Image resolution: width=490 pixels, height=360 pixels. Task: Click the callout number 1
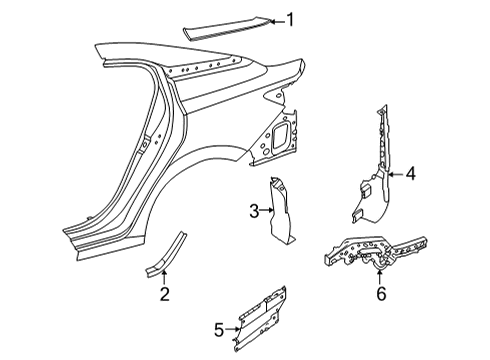[x=291, y=19]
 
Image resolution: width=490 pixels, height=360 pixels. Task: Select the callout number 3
[x=253, y=210]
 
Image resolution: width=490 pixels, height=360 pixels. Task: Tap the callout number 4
[x=409, y=175]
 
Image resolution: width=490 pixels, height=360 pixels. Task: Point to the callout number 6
[x=380, y=294]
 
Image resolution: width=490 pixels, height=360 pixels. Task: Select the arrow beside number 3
[x=267, y=210]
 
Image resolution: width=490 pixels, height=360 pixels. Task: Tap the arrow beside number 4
[x=394, y=175]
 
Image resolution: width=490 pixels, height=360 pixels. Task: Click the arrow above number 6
[x=380, y=278]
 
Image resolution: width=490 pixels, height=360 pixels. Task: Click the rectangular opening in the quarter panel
[x=282, y=131]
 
